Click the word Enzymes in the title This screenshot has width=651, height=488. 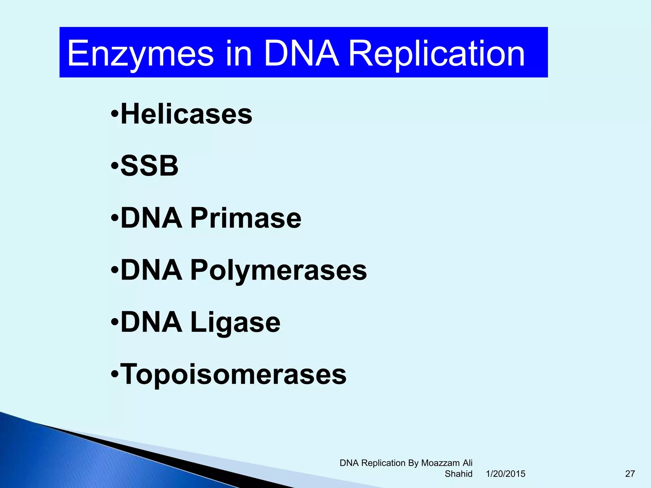click(140, 54)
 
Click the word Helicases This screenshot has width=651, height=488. click(187, 114)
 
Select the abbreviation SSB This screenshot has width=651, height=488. click(149, 166)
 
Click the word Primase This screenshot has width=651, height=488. click(246, 218)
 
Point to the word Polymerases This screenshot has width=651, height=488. click(278, 270)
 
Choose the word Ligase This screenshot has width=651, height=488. click(235, 322)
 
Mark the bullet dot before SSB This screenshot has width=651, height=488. click(115, 166)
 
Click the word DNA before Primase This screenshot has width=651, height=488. click(152, 218)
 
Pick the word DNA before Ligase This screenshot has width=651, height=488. click(152, 322)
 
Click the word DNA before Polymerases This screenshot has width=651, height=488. click(152, 270)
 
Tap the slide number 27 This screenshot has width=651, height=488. click(630, 474)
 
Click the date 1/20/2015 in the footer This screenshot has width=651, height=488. click(505, 474)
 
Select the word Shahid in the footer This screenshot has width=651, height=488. click(458, 474)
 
